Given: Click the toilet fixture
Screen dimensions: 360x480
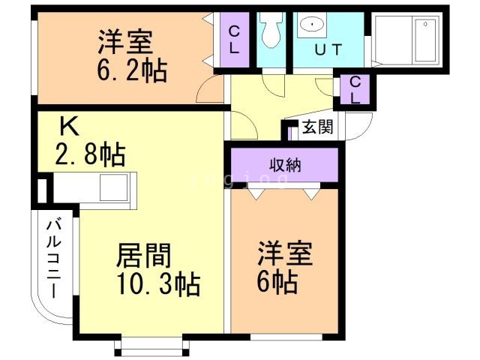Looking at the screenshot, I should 271,30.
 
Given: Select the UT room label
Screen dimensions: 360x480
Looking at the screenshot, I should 328,50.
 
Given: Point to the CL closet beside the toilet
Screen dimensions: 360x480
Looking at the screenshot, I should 234,40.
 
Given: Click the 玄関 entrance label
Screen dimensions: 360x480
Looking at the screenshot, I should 317,127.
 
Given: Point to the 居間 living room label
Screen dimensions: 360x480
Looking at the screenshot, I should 142,256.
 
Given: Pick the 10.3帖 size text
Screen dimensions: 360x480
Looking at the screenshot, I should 157,285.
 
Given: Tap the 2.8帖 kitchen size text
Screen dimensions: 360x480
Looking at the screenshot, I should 89,155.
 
